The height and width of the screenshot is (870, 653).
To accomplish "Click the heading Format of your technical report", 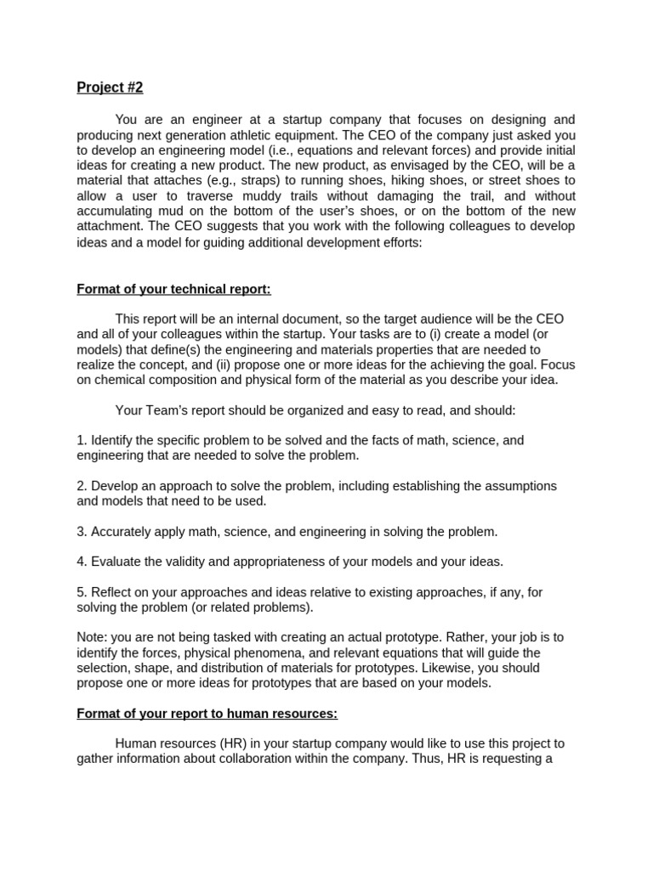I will point(173,289).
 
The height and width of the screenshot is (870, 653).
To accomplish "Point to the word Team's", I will point(168,410).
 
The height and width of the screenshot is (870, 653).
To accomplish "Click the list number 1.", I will point(81,440).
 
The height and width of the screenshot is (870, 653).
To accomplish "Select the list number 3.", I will point(81,532).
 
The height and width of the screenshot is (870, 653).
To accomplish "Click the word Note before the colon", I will point(91,637).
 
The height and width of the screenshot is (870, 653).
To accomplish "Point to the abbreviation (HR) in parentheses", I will point(240,743).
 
